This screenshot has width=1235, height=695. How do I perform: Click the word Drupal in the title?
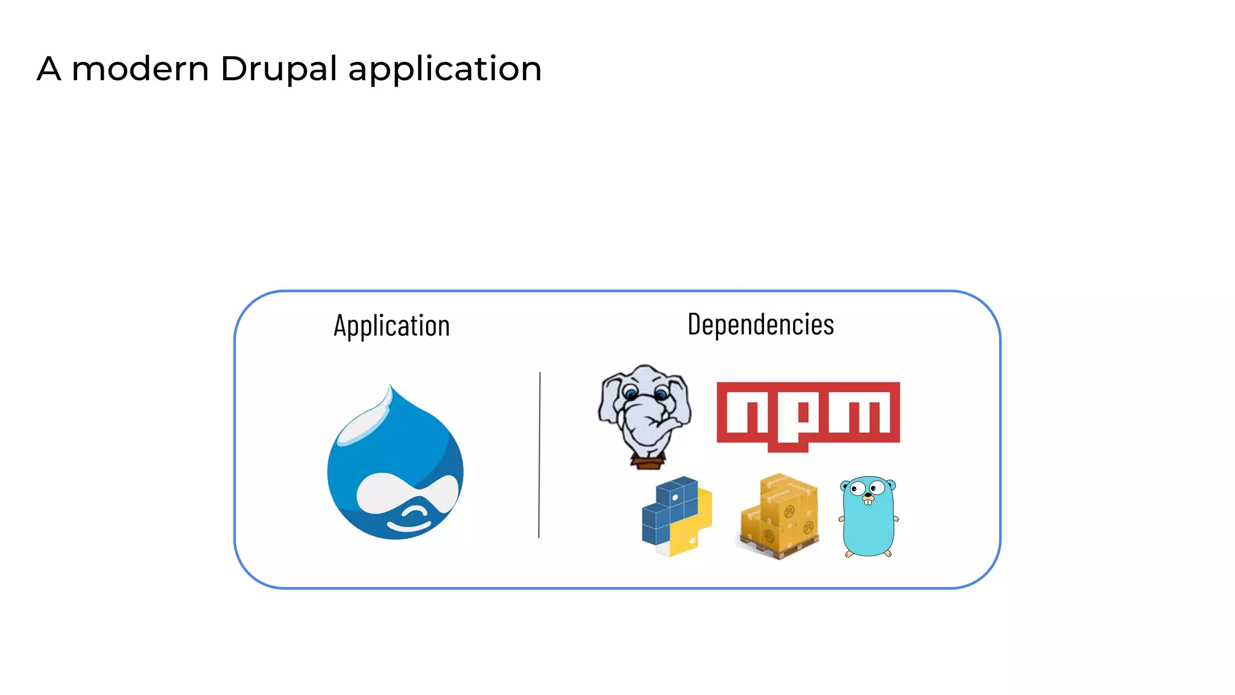tap(278, 69)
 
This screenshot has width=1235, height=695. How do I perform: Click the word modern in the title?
tap(140, 69)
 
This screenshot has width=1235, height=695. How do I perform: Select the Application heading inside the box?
tap(392, 326)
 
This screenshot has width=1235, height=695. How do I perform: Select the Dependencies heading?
tap(760, 325)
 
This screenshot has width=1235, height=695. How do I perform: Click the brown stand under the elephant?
tap(648, 463)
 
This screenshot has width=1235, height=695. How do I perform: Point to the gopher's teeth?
tap(868, 501)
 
